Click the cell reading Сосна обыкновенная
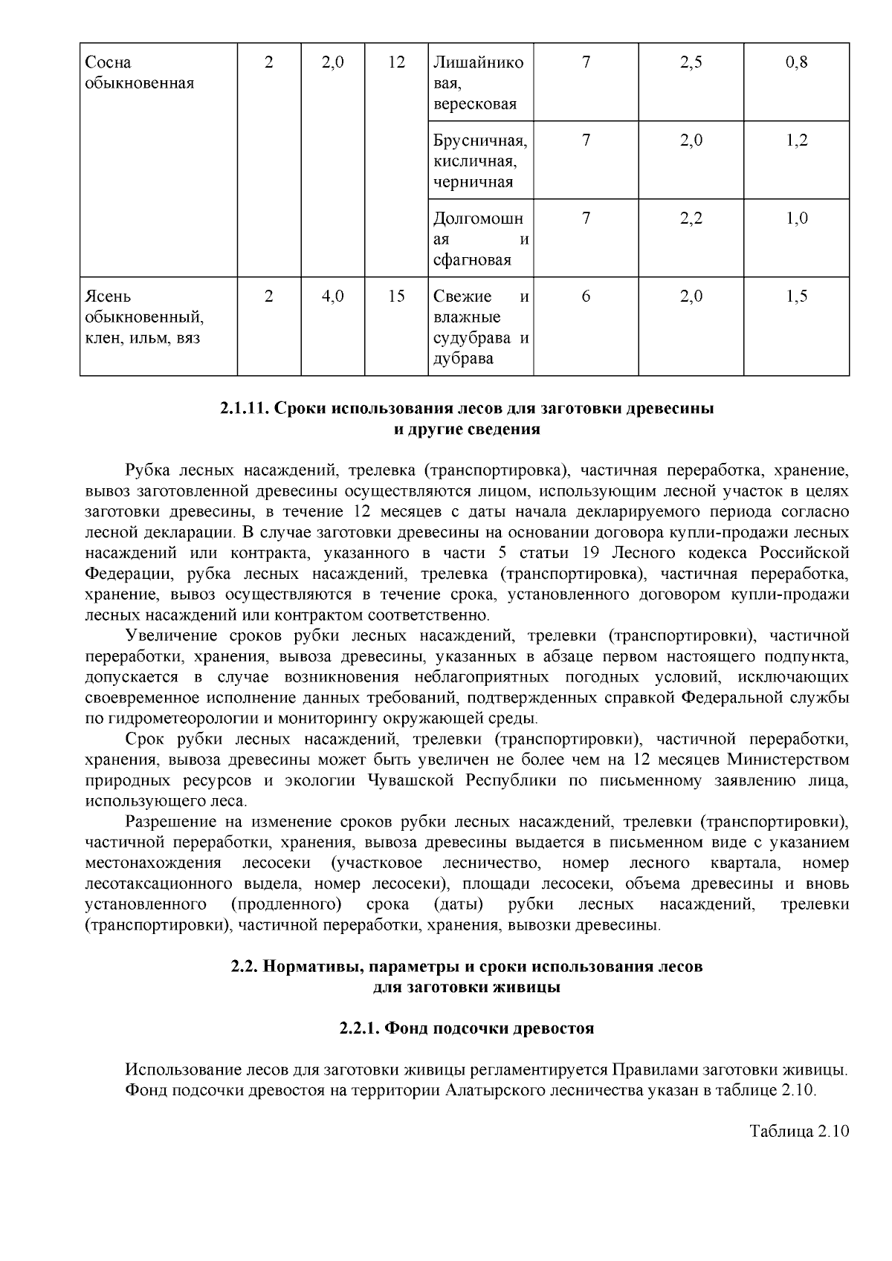coord(139,73)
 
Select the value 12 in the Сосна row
coord(396,62)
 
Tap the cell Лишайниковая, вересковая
coord(479,83)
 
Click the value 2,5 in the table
coord(691,62)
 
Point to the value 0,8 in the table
coord(796,62)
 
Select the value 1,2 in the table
coord(796,141)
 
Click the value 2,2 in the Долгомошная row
coord(691,219)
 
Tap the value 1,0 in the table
coord(796,219)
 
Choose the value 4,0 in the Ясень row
coord(332,296)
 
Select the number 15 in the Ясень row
coord(396,296)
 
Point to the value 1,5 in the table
coord(796,296)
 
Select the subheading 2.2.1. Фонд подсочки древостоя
coord(466,1029)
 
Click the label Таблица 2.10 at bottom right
coord(798,1132)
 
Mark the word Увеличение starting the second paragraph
coord(171,636)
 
